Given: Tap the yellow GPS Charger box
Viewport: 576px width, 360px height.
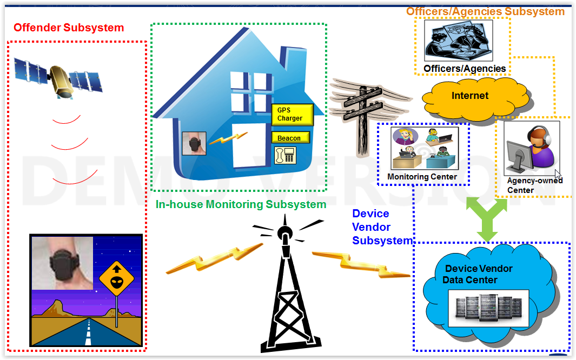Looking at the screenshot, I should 292,115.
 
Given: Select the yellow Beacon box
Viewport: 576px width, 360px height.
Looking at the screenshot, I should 290,138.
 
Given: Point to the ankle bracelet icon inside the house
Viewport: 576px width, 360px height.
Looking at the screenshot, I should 194,144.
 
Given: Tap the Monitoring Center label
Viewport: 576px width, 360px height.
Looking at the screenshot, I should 422,177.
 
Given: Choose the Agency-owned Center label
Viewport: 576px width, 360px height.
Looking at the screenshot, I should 534,185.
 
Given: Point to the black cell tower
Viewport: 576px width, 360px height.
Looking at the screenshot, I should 285,292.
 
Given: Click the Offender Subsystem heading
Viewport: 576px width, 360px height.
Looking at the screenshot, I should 69,28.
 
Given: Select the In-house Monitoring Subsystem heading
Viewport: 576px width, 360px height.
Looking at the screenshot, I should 241,204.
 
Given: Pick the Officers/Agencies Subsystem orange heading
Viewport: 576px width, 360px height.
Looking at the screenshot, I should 485,11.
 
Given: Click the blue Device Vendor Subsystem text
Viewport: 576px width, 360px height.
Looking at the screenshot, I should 381,227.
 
